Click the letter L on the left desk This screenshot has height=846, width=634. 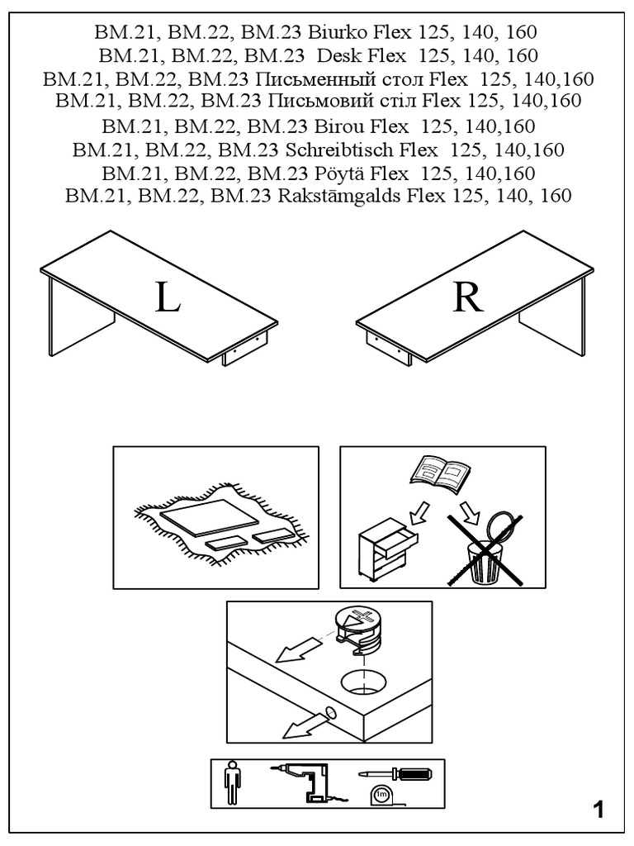168,298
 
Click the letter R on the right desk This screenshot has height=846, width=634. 467,298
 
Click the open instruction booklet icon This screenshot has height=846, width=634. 442,475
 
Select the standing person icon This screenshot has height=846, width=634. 232,784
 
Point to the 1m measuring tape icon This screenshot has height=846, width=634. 381,796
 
